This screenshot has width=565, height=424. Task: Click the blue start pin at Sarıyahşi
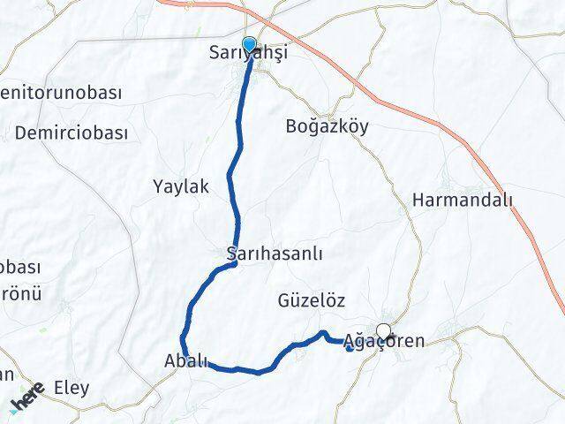coord(249,45)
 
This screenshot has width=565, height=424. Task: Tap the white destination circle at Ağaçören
coord(383,331)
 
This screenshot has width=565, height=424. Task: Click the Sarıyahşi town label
coord(249,54)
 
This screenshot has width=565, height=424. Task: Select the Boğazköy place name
coord(328,125)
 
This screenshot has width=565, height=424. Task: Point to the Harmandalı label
coord(462,201)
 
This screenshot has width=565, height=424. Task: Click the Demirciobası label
coord(72,132)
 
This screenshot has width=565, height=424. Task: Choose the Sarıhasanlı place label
coord(275,254)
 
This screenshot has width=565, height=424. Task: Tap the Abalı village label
coord(186,360)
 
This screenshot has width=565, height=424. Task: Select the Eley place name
coord(72,387)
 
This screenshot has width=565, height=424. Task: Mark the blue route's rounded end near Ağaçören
coord(350,347)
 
